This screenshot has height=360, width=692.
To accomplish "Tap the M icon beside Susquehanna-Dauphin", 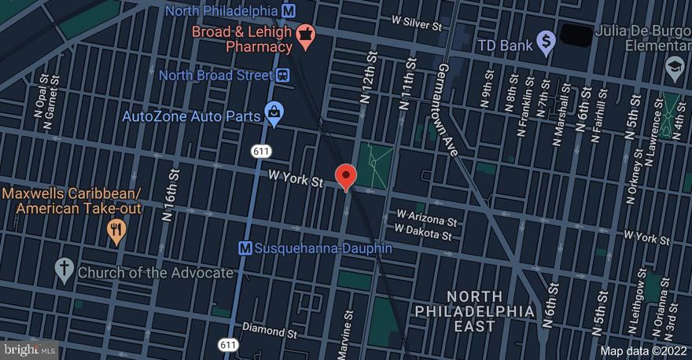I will click(245, 248).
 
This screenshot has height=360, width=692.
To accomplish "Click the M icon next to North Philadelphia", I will click(289, 11).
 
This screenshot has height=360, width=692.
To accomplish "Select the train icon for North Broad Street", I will click(282, 75).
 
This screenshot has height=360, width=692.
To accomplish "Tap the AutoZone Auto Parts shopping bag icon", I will click(273, 115).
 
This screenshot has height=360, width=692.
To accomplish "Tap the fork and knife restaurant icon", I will click(117, 230).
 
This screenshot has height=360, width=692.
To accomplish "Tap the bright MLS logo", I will click(30, 349).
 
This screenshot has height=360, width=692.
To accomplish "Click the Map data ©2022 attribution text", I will click(643, 351).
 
